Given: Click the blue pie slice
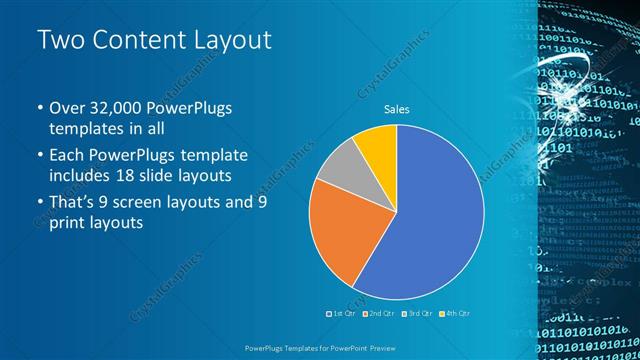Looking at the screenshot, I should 430,220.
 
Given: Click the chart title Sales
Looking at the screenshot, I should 397,109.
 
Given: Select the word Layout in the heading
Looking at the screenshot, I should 228,40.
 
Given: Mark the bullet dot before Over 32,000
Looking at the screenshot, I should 40,108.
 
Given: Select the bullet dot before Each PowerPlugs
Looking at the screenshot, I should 40,156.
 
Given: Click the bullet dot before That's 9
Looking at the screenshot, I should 40,203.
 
